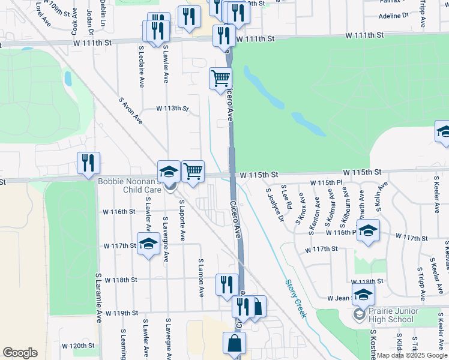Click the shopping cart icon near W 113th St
click(x=220, y=78)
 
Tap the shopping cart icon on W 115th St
click(x=193, y=172)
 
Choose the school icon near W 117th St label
click(x=148, y=244)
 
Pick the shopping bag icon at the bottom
click(x=234, y=344)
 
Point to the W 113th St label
click(x=172, y=109)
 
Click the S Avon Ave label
click(x=130, y=111)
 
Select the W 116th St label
click(x=119, y=212)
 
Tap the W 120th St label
click(x=79, y=346)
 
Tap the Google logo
click(x=20, y=353)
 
